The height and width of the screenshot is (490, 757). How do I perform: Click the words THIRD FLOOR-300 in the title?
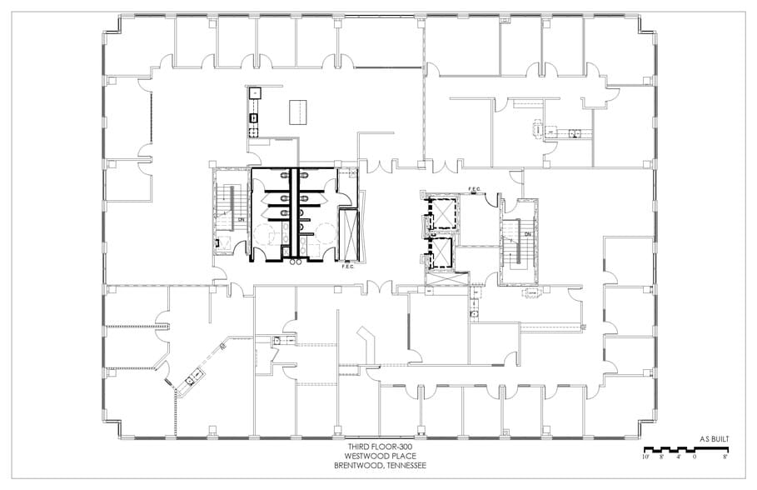pyautogui.click(x=378, y=447)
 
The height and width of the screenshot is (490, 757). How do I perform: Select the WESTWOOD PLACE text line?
pyautogui.click(x=378, y=457)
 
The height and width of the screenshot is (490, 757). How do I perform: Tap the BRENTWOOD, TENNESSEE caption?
pyautogui.click(x=378, y=466)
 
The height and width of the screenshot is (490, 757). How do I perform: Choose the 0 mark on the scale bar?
pyautogui.click(x=695, y=457)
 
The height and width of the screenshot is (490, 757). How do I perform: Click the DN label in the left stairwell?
pyautogui.click(x=241, y=220)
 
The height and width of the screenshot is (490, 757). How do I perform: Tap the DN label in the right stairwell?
pyautogui.click(x=527, y=234)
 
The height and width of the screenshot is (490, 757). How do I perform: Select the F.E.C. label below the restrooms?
pyautogui.click(x=348, y=267)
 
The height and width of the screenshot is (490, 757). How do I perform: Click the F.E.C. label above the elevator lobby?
pyautogui.click(x=476, y=189)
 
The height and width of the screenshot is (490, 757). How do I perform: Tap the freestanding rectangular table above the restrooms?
pyautogui.click(x=296, y=112)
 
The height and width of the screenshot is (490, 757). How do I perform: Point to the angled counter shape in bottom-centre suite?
pyautogui.click(x=367, y=342)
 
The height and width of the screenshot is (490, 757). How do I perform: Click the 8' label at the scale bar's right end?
pyautogui.click(x=725, y=457)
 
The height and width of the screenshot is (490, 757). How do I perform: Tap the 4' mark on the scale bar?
pyautogui.click(x=679, y=457)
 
